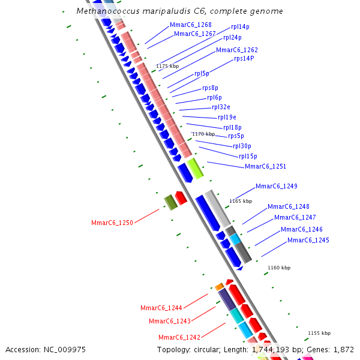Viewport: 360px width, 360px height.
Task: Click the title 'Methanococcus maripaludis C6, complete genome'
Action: point(180,11)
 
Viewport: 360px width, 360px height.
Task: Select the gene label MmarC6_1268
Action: point(190,25)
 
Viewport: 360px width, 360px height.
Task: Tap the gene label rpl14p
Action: point(240,27)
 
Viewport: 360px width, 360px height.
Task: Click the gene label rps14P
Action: point(244,58)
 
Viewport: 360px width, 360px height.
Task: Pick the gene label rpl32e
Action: point(221,107)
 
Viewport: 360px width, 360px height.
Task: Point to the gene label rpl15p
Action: point(248,156)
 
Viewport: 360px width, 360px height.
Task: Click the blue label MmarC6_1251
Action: point(265,166)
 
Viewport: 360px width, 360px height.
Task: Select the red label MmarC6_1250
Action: point(112,223)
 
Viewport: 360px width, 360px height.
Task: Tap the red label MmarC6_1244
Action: point(161,308)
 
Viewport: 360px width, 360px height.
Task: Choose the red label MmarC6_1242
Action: point(179,337)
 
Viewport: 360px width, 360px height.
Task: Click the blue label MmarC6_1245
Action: point(308,240)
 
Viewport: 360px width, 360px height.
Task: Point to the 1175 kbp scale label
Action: point(167,66)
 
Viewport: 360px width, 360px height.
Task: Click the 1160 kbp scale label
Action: point(279,268)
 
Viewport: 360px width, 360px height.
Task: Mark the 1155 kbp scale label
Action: point(319,333)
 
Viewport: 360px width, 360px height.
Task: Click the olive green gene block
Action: point(171,202)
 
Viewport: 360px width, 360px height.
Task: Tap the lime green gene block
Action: point(195,168)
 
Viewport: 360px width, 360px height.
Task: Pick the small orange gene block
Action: point(220,286)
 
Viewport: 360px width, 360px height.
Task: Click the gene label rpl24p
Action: point(232,37)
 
